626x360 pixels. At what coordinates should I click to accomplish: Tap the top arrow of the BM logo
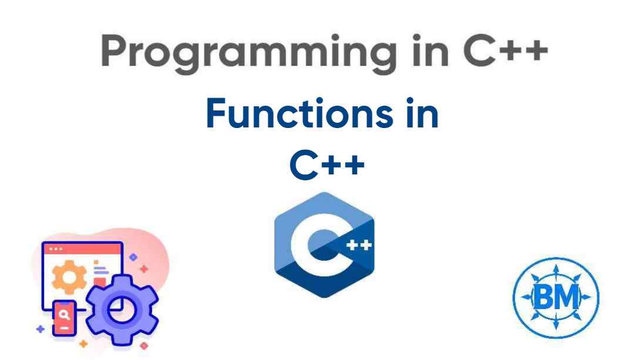pyautogui.click(x=556, y=271)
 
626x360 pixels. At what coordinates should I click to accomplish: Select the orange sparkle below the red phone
pyautogui.click(x=83, y=343)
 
